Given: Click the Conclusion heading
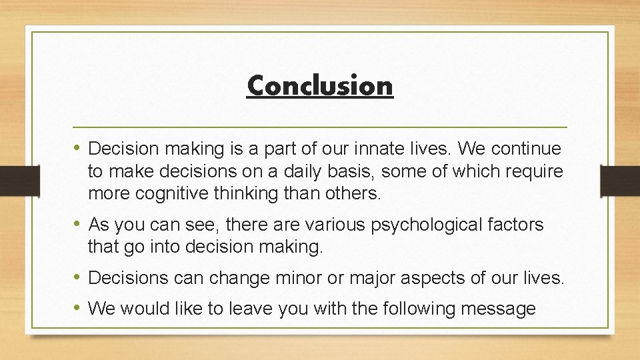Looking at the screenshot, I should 320,85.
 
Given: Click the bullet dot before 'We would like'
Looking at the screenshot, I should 79,308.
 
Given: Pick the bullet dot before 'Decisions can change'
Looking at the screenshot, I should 79,277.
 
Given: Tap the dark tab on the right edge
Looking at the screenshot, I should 620,180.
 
